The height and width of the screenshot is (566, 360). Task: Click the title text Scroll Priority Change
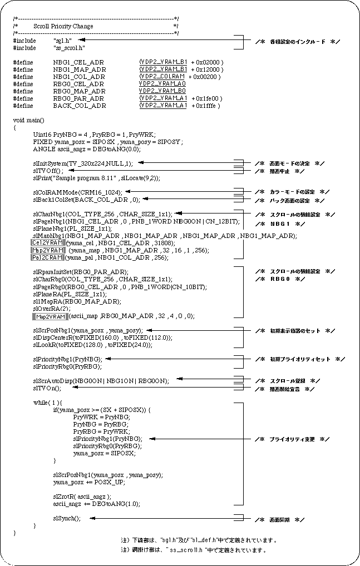(63, 26)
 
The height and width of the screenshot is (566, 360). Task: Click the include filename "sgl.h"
(62, 41)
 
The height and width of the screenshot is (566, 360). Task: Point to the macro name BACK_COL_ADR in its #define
(79, 106)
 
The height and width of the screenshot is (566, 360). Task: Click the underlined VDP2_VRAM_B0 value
(162, 91)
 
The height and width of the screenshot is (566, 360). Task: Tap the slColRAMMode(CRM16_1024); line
(77, 192)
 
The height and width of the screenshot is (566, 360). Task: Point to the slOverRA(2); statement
(48, 308)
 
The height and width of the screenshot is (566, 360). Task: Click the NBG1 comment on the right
(280, 224)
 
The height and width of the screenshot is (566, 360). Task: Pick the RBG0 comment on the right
(280, 279)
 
